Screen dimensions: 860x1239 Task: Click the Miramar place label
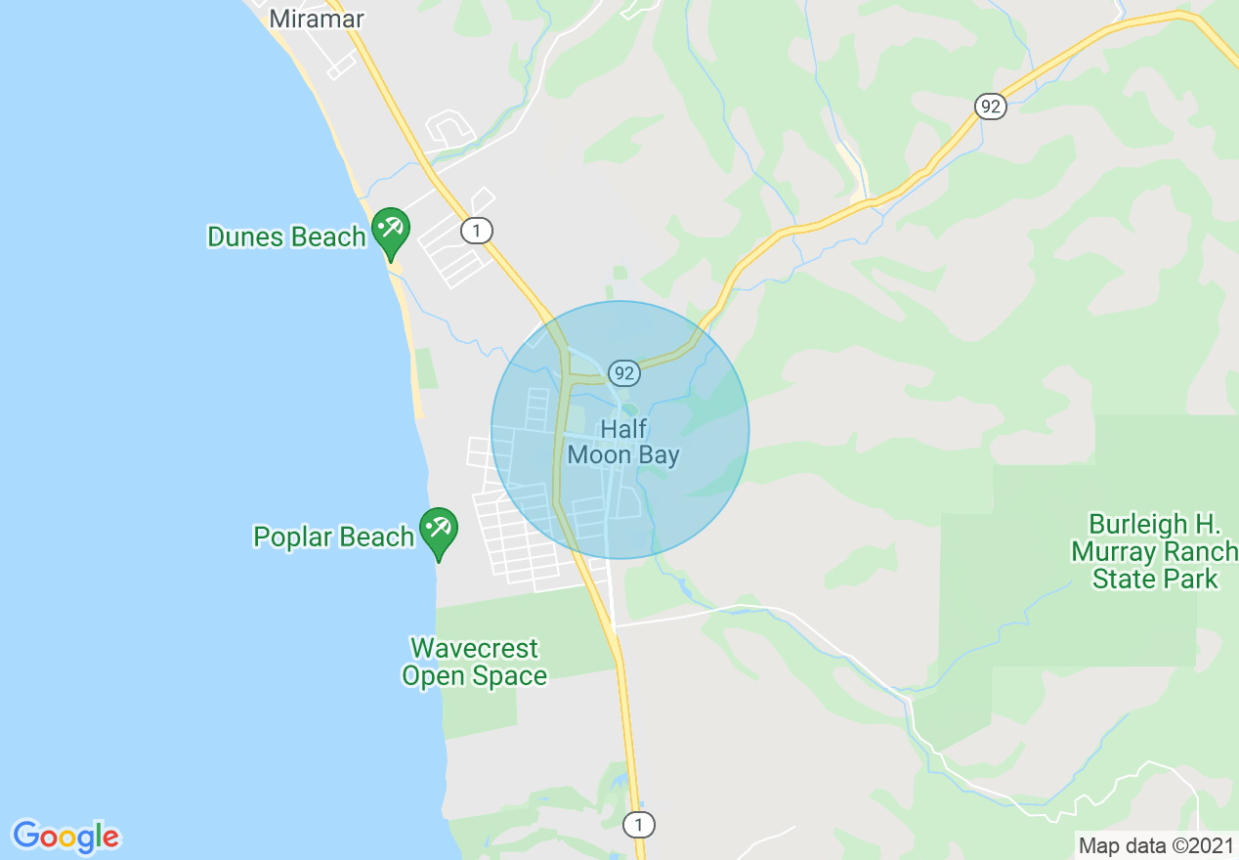coord(316,18)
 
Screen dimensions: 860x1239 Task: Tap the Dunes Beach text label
coord(286,236)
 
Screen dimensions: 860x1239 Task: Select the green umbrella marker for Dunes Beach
coord(391,230)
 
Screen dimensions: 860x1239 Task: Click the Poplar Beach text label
coord(333,537)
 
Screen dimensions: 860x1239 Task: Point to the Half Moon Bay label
coord(623,442)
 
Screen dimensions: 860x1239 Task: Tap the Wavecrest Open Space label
coord(474,662)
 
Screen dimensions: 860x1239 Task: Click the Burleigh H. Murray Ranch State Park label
coord(1154,551)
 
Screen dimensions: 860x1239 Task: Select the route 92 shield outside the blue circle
coord(991,107)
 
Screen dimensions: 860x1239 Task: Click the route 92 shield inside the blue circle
coord(623,372)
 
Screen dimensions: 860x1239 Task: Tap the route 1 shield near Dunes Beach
coord(476,231)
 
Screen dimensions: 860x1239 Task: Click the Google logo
coord(65,837)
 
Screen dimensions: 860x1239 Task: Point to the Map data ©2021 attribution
coord(1156,845)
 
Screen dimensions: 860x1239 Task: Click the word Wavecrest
coord(474,648)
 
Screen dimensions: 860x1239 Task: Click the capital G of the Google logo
coord(26,836)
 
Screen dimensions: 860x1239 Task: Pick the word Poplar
coord(291,537)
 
